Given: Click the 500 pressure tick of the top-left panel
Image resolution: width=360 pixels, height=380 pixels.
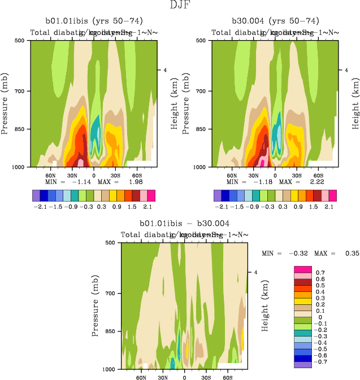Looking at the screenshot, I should pyautogui.click(x=19, y=41).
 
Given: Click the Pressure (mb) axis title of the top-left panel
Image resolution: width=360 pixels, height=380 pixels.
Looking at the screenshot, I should pyautogui.click(x=6, y=103).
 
